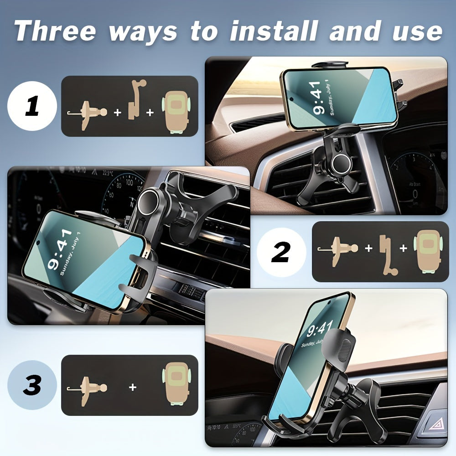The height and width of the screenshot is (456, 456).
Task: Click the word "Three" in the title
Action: pos(55,31)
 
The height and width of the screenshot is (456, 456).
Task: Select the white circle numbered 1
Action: pos(32,106)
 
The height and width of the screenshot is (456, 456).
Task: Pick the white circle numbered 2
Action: pos(281,252)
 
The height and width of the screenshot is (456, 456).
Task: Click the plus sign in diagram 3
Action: pos(132,387)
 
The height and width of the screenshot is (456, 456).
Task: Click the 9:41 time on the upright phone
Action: pos(319,329)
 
